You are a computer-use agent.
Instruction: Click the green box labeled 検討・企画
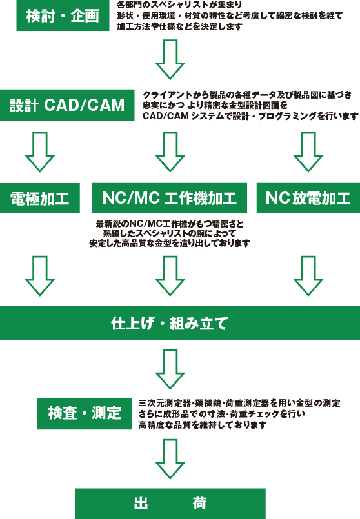[63, 15]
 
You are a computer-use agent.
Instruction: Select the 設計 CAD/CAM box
[67, 105]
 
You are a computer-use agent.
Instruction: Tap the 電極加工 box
[40, 198]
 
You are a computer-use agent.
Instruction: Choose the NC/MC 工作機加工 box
[170, 198]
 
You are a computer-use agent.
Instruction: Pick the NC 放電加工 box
[308, 198]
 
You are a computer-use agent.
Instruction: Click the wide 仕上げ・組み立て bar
[180, 323]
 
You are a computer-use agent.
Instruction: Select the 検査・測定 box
[85, 413]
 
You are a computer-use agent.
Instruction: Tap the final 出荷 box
[170, 504]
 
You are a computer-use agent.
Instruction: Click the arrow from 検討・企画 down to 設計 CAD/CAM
[170, 59]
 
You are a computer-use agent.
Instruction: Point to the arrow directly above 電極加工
[40, 152]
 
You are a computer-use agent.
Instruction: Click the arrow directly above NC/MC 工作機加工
[170, 152]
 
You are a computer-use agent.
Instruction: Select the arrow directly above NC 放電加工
[308, 152]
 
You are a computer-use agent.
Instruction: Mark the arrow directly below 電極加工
[40, 276]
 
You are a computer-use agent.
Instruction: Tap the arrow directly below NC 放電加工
[308, 276]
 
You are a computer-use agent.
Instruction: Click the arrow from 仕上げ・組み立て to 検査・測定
[170, 369]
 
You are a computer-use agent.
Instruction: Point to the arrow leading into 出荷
[170, 459]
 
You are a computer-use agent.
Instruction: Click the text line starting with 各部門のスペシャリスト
[179, 5]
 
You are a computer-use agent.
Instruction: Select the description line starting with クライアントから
[247, 95]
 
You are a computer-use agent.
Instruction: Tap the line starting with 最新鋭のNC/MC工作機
[170, 224]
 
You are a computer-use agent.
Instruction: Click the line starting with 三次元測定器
[239, 403]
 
